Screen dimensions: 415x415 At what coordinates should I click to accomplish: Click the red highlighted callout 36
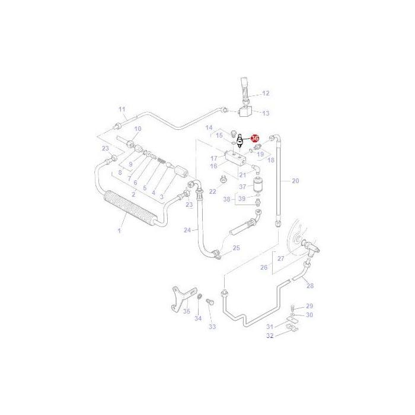click(255, 138)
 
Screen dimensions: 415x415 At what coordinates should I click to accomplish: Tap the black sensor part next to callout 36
click(240, 141)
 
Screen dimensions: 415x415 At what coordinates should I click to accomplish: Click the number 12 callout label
click(266, 93)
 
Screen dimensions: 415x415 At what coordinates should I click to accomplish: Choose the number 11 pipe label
click(122, 109)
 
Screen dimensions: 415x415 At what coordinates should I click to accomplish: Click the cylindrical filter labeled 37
click(257, 185)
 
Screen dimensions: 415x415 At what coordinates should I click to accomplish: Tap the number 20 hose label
click(295, 181)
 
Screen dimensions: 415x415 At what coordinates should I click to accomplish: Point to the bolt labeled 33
click(210, 302)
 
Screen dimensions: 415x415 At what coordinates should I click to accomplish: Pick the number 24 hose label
click(187, 230)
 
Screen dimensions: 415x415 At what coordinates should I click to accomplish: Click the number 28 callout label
click(310, 286)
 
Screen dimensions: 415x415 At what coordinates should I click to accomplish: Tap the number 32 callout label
click(270, 336)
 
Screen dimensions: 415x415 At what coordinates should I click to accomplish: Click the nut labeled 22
click(223, 180)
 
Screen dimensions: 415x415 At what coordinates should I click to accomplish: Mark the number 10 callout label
click(138, 129)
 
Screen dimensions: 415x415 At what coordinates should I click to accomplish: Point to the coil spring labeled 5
click(161, 161)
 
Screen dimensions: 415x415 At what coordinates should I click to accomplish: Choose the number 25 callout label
click(237, 248)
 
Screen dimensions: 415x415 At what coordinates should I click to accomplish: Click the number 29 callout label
click(309, 306)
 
